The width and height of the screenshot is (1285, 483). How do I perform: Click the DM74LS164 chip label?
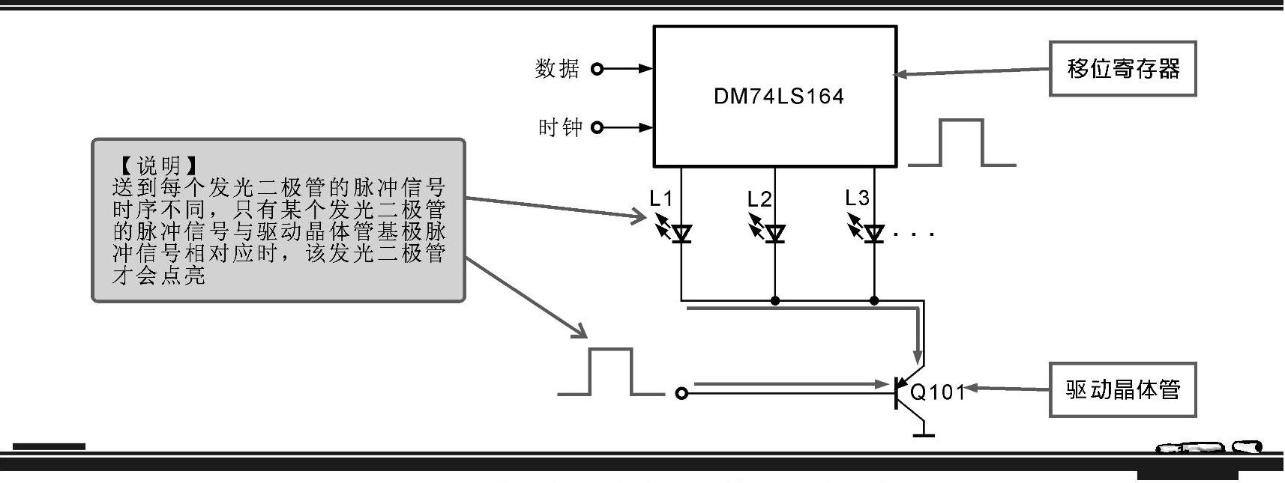click(778, 97)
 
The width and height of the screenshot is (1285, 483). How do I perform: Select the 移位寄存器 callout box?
click(1122, 69)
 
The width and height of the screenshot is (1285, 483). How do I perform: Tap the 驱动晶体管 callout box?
click(1122, 389)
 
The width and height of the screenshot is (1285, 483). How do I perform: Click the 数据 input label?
click(557, 69)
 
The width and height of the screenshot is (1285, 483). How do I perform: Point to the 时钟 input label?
click(559, 127)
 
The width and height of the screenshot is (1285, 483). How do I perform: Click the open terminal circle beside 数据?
click(597, 69)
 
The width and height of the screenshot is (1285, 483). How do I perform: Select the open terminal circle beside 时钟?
click(597, 127)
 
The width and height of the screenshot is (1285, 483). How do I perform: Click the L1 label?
click(660, 198)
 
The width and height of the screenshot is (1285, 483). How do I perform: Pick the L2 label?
click(759, 198)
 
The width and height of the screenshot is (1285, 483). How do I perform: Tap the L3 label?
click(857, 198)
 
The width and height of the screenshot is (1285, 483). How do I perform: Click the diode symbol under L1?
click(681, 234)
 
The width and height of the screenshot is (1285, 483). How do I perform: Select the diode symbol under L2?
click(775, 234)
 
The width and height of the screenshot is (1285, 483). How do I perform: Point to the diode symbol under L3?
click(873, 234)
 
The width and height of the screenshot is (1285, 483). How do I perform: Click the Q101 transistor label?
click(937, 392)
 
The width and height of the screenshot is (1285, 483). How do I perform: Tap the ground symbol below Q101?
click(924, 432)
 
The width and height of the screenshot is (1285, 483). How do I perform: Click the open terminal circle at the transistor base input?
click(681, 393)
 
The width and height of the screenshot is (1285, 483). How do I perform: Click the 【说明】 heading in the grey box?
click(158, 165)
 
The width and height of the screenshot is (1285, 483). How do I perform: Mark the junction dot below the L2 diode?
click(775, 301)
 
